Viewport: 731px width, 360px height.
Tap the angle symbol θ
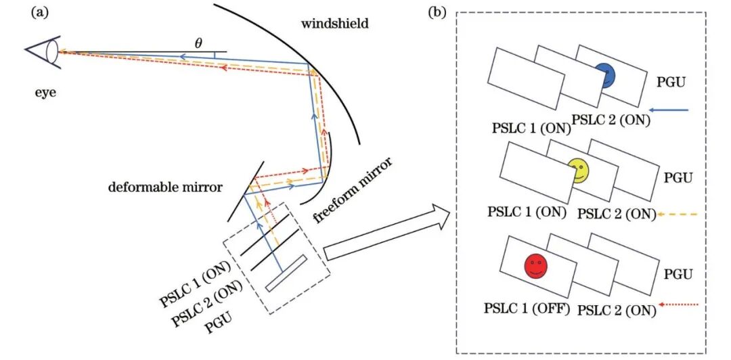click(198, 44)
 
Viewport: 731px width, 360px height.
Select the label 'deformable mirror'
click(165, 187)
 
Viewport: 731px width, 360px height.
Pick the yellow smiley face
click(579, 171)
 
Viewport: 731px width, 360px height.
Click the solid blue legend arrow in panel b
click(669, 110)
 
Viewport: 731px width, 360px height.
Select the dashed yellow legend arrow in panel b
click(677, 215)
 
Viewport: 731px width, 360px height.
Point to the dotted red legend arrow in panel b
click(680, 305)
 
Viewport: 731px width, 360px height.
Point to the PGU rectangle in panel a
click(286, 273)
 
